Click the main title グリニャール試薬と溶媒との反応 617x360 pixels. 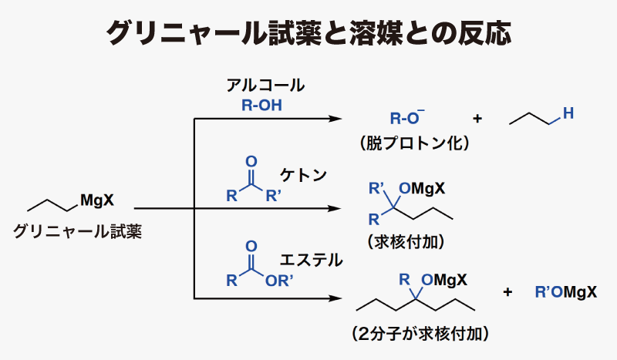tap(309, 32)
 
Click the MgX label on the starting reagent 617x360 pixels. tap(97, 200)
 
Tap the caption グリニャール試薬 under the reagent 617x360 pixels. tap(77, 231)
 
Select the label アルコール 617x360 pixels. tap(265, 86)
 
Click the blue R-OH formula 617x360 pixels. tap(261, 106)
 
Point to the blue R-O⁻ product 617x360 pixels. tap(407, 117)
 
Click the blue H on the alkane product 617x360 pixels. tap(568, 113)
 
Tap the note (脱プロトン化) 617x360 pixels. tap(415, 143)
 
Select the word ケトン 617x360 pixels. tap(303, 175)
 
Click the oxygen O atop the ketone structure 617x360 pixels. tap(251, 161)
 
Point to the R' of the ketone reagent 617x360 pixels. tap(274, 196)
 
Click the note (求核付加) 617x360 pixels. tap(406, 241)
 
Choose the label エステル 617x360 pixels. tap(311, 260)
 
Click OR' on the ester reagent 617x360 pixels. tap(279, 281)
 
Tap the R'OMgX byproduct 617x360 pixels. tap(566, 292)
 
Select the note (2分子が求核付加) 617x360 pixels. tap(420, 334)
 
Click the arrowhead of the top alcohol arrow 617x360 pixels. tap(335, 119)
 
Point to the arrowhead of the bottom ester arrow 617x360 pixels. tap(335, 298)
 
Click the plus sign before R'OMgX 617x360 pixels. tap(507, 292)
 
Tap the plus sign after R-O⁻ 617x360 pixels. tap(477, 118)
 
